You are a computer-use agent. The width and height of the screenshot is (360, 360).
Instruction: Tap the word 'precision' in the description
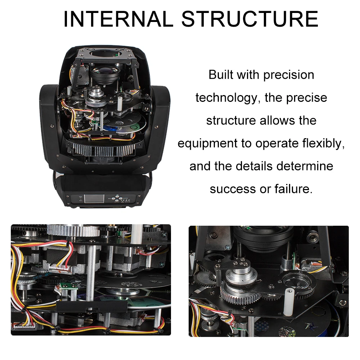289,75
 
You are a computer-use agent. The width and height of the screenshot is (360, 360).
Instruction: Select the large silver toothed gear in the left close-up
68,230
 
